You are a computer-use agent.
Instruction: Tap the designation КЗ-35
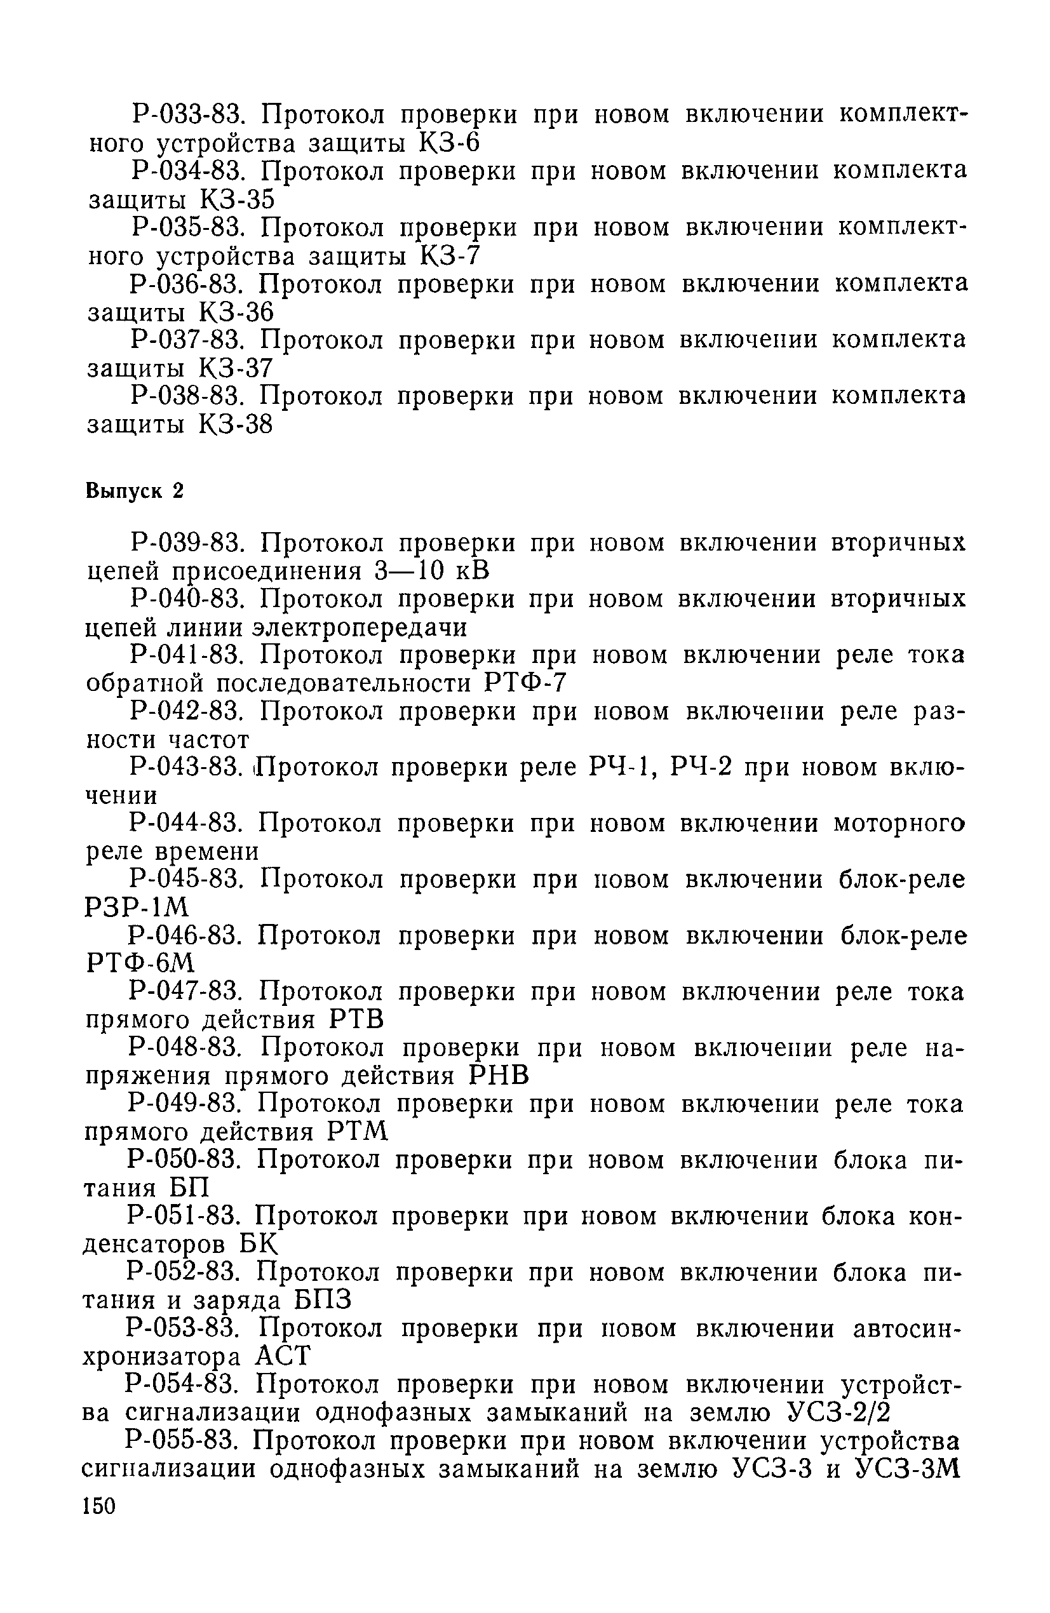pos(237,200)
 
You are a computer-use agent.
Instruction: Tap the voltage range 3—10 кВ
pos(431,572)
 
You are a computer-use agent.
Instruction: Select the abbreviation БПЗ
pos(323,1300)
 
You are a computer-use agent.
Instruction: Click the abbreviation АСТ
pos(283,1356)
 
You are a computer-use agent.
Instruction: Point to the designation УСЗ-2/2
pos(839,1412)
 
